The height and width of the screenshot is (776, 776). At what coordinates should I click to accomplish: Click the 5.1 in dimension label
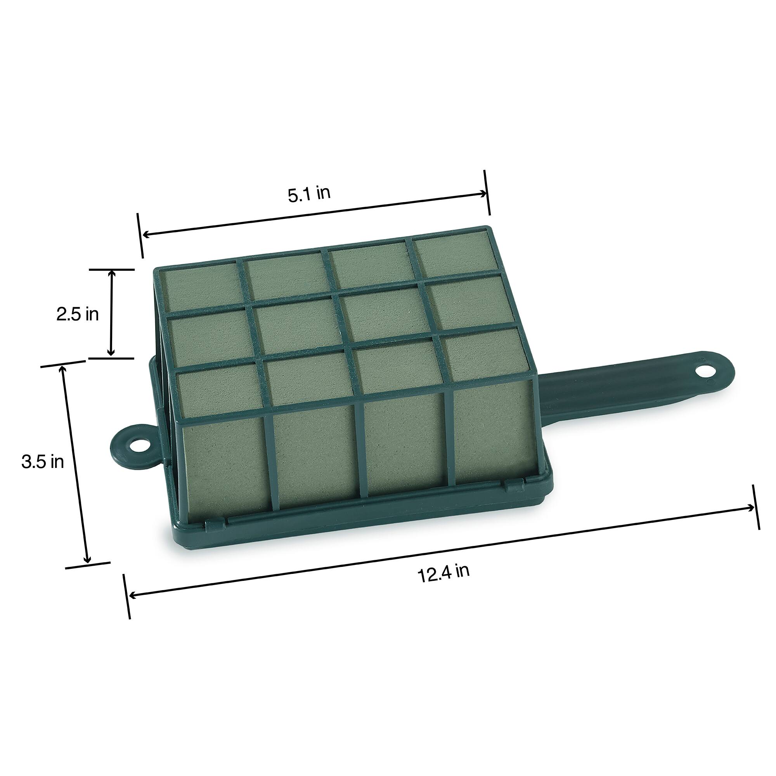(309, 194)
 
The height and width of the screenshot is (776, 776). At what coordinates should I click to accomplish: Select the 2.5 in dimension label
(78, 314)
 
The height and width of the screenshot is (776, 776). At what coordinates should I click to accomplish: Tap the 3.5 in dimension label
(43, 462)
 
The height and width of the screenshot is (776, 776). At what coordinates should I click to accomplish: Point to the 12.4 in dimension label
(443, 573)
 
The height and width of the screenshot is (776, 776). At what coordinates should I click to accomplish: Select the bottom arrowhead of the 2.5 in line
(112, 353)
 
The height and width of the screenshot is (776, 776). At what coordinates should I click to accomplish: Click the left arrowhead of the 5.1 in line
(146, 234)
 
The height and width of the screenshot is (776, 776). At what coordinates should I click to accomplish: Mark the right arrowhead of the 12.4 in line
(751, 507)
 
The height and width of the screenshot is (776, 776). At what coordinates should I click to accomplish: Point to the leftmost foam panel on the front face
(225, 466)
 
